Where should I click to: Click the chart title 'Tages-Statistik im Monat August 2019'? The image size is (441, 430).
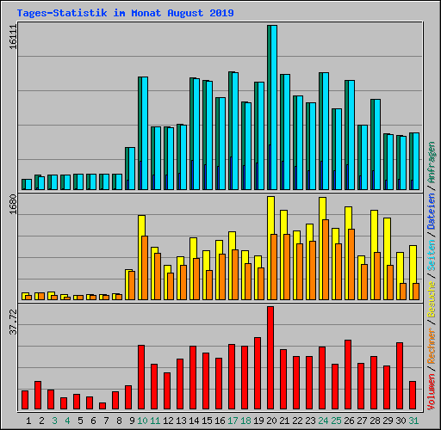click(x=119, y=13)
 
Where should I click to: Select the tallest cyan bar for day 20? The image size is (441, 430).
click(x=272, y=103)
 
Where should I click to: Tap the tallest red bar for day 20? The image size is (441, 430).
click(x=270, y=357)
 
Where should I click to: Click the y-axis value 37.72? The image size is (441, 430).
click(x=13, y=329)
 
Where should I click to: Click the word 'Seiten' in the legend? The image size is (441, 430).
click(x=432, y=250)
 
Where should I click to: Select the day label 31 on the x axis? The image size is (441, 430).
click(x=413, y=421)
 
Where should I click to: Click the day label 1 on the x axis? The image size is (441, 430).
click(x=28, y=421)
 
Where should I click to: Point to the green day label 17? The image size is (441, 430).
click(x=233, y=421)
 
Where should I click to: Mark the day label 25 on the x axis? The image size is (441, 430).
click(x=336, y=421)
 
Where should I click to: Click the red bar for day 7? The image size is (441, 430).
click(x=102, y=405)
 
